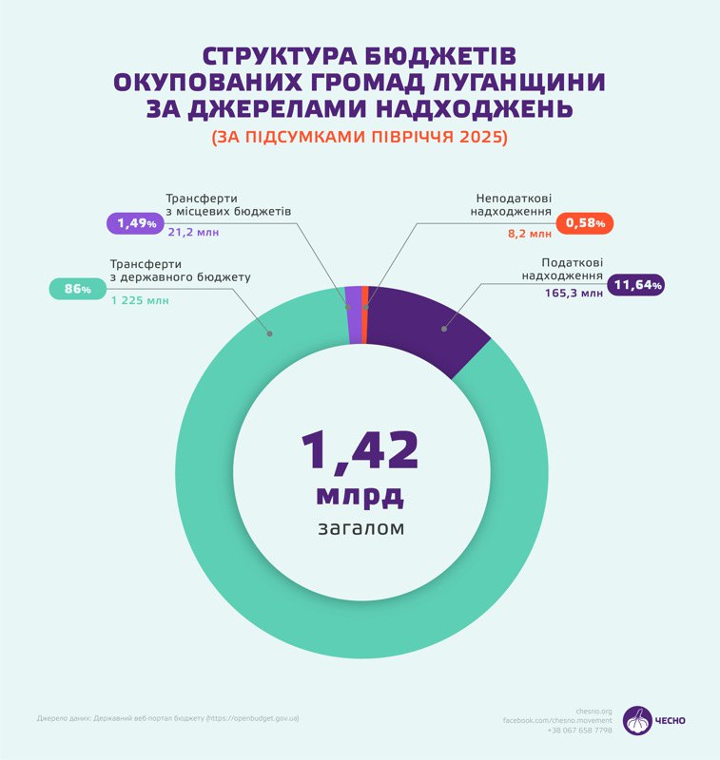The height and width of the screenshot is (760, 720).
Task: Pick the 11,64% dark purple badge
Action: pyautogui.click(x=637, y=284)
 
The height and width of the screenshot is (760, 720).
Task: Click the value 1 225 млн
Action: pyautogui.click(x=139, y=301)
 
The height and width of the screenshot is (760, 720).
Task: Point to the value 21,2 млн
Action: pyautogui.click(x=193, y=231)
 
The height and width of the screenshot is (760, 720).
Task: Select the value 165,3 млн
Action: pyautogui.click(x=574, y=294)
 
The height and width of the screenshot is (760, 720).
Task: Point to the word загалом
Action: pyautogui.click(x=360, y=527)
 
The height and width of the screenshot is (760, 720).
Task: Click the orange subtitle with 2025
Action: pyautogui.click(x=360, y=137)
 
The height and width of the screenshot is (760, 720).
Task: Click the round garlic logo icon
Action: pyautogui.click(x=637, y=721)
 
